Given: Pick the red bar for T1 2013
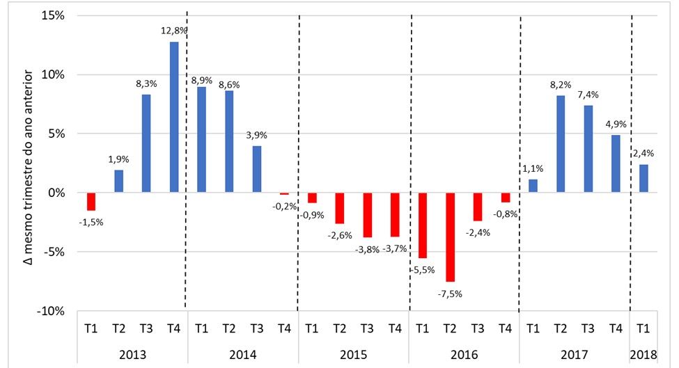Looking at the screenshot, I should tap(91, 201).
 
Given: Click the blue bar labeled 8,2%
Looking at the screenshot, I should tap(561, 144).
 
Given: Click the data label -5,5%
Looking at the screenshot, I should tap(421, 270).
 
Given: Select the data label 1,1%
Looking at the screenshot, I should tap(532, 168).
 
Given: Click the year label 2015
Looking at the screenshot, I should tap(353, 354).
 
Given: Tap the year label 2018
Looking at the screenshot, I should tap(643, 354).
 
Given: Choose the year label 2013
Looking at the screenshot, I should tap(132, 354).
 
